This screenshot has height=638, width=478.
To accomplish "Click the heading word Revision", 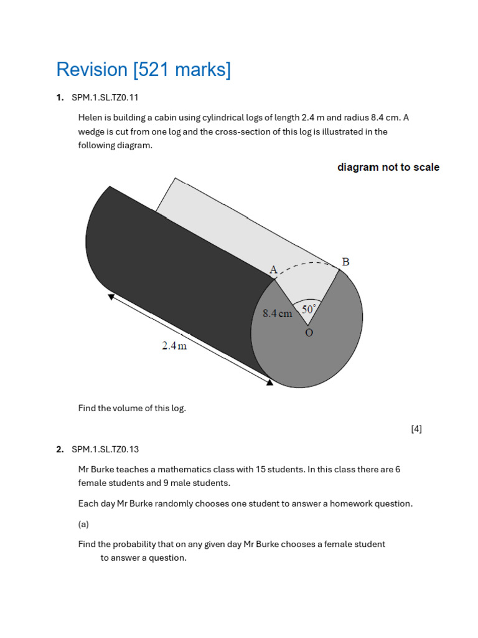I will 91,70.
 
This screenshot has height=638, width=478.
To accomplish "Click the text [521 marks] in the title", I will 182,70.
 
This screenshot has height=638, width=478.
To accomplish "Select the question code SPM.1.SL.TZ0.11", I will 105,97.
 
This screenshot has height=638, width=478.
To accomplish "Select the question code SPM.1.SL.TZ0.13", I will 105,449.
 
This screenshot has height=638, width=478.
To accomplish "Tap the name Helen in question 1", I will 91,118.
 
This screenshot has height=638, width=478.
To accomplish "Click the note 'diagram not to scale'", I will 388,167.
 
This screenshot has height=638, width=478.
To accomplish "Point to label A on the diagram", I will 273,270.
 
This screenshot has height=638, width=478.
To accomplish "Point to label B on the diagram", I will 345,262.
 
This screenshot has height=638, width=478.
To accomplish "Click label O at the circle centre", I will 309,333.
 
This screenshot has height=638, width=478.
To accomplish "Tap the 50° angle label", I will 309,309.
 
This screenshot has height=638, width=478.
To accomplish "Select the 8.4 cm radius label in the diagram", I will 277,314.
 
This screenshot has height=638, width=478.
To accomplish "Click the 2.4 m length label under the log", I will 174,346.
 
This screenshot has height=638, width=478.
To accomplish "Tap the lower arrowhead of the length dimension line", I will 269,382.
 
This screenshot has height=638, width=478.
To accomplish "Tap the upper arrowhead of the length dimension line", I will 111,297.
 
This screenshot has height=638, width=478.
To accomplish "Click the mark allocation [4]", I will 416,429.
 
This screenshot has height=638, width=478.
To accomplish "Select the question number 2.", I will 60,449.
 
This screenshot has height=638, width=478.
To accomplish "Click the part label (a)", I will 83,524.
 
